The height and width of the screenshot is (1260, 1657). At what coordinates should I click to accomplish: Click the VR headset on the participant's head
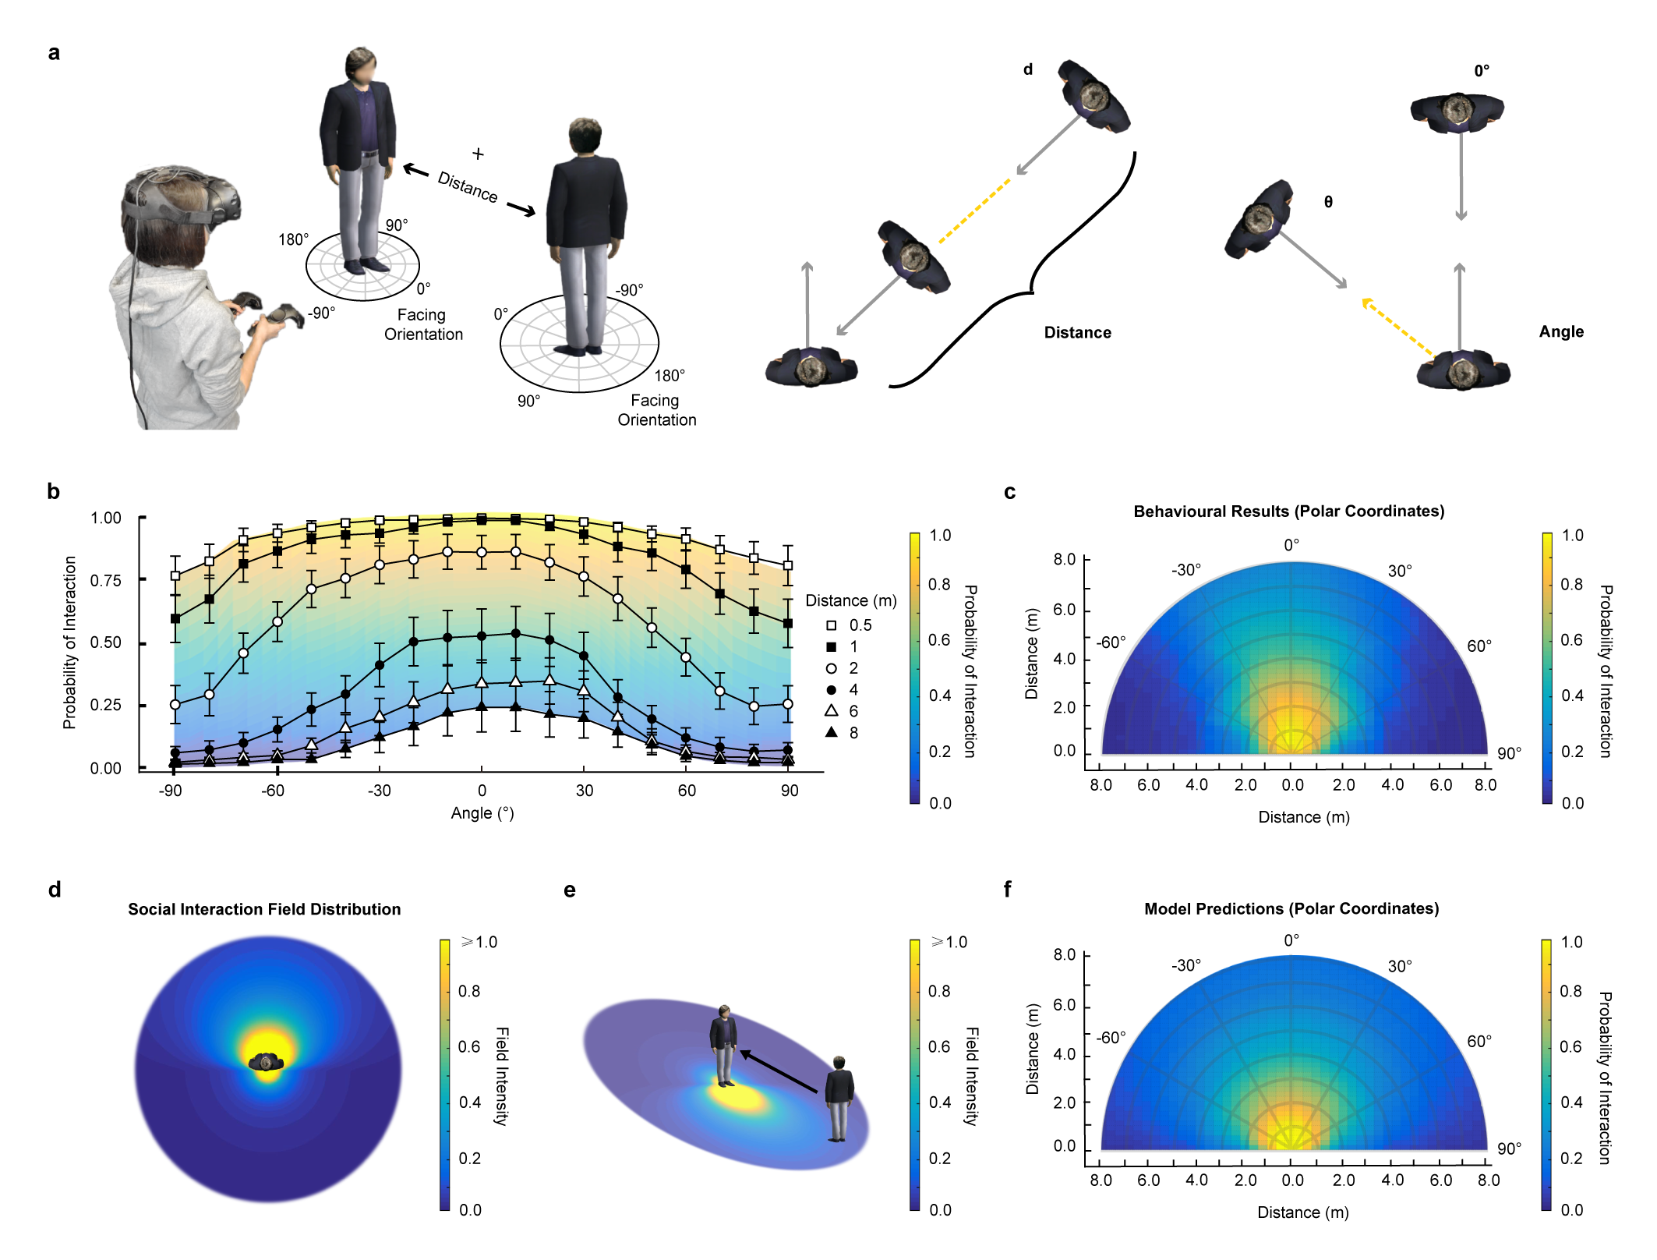tap(183, 199)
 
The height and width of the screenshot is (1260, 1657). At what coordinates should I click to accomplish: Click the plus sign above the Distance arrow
tap(478, 154)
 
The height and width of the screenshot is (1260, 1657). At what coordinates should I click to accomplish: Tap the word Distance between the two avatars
tap(467, 186)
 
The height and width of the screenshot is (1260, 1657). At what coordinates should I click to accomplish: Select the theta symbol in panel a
tap(1328, 202)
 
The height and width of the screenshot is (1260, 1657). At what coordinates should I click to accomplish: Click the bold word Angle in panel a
tap(1560, 331)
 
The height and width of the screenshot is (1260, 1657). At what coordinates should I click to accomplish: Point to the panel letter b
tap(53, 491)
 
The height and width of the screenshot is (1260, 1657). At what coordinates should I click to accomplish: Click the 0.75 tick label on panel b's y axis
tap(106, 580)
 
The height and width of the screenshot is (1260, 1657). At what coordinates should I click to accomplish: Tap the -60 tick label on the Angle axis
tap(272, 791)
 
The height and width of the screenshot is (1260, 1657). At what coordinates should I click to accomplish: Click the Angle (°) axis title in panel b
tap(482, 813)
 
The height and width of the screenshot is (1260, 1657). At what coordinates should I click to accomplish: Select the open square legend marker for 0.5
tap(832, 625)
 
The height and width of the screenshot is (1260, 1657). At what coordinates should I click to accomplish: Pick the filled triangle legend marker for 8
tap(832, 732)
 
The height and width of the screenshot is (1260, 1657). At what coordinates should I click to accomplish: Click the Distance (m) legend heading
tap(850, 600)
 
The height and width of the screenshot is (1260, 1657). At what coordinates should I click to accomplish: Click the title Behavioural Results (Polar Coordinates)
tap(1288, 511)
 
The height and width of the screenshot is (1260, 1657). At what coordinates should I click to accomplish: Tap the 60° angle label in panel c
tap(1479, 646)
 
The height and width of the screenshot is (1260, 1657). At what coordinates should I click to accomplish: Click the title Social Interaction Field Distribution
tap(264, 909)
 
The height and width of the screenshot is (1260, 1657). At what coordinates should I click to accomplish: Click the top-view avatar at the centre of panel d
tap(267, 1061)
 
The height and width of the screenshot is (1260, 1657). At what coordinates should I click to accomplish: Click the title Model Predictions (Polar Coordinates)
tap(1291, 908)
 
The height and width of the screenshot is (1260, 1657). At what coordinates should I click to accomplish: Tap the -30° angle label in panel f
tap(1185, 965)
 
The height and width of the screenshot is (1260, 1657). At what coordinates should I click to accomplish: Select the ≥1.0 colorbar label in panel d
tap(479, 942)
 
